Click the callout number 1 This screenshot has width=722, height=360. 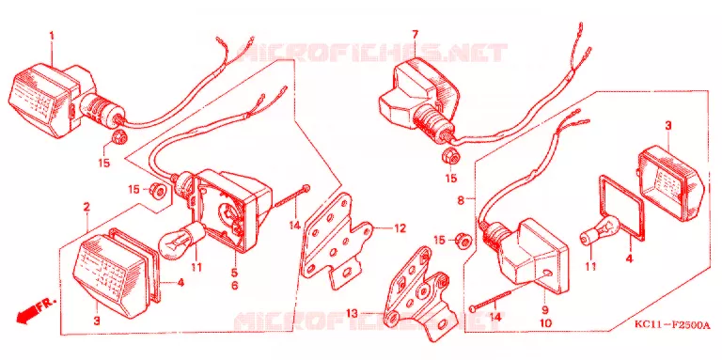tap(52, 36)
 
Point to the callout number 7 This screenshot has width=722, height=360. tap(415, 35)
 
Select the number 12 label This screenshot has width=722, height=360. tap(400, 227)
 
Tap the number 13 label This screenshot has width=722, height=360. tap(353, 314)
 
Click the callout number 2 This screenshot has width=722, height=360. tap(86, 208)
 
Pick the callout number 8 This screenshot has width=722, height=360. tap(461, 200)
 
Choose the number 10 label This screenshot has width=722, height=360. tap(545, 323)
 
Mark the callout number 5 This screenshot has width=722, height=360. tap(234, 273)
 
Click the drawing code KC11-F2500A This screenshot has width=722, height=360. tap(672, 325)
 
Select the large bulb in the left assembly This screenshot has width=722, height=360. tap(181, 239)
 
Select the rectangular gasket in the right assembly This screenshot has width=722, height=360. tap(621, 208)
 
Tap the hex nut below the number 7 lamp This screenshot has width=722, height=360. tap(450, 158)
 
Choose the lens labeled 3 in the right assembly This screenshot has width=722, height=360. tap(671, 182)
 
